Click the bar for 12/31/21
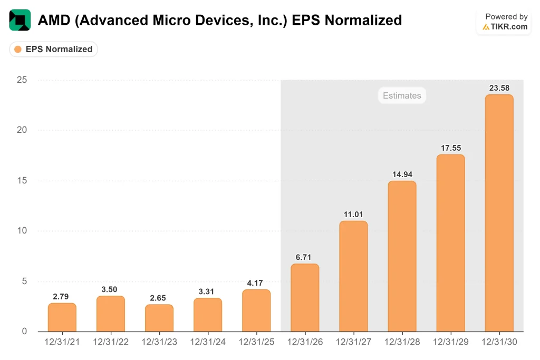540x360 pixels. click(x=62, y=317)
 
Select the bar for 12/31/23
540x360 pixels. click(x=159, y=318)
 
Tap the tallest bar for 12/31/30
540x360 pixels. click(x=499, y=213)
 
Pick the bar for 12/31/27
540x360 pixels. click(x=353, y=276)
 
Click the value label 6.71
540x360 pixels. click(x=305, y=257)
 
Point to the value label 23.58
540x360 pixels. click(x=499, y=87)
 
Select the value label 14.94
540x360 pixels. click(x=402, y=174)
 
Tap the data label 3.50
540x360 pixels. click(x=110, y=289)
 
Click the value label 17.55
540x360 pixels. click(x=450, y=148)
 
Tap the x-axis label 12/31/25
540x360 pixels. click(x=256, y=342)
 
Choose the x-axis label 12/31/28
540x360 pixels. click(x=402, y=342)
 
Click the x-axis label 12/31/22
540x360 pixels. click(x=110, y=342)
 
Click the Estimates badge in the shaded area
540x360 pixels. click(x=402, y=95)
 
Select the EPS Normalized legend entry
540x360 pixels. click(x=54, y=49)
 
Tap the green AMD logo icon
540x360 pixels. click(x=20, y=20)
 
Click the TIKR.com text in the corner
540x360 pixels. click(x=509, y=26)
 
